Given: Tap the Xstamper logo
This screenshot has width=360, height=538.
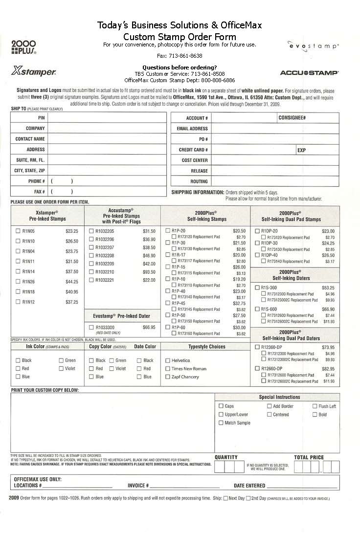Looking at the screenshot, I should [33, 72].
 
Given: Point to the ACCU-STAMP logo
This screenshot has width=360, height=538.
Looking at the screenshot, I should [309, 73].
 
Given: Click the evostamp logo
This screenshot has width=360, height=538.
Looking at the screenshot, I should [313, 45].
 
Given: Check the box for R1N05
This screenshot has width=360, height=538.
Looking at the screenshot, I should [18, 231].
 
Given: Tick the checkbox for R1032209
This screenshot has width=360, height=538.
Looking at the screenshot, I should [91, 264].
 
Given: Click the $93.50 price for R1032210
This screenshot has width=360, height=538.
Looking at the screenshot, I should [149, 272].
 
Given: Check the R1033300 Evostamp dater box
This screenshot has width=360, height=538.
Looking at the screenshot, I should [91, 327].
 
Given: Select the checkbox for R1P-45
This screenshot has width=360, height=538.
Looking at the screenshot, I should [168, 303].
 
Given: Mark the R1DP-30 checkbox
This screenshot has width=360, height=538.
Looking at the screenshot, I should [257, 243].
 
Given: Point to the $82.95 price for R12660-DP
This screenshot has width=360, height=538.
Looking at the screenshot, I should [328, 369].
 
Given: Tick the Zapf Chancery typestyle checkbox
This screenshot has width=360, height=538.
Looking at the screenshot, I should [168, 377].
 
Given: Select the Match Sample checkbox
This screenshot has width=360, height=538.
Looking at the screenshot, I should [221, 423].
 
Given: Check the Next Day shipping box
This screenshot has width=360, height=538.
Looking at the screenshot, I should [225, 498].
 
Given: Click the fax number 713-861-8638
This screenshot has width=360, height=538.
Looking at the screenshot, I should [180, 56].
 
